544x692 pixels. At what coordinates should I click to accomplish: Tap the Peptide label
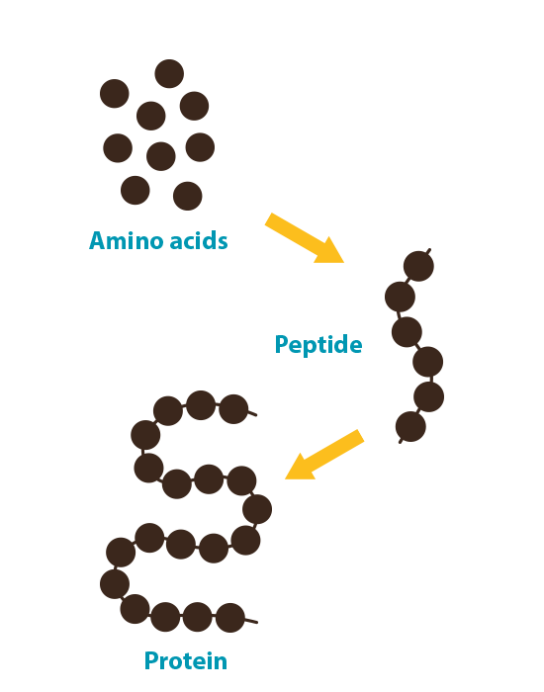click(x=318, y=345)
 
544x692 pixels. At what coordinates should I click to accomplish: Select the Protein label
click(x=186, y=660)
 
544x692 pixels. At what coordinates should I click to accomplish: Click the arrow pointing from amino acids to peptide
click(x=305, y=238)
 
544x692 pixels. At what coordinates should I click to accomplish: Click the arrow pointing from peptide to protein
click(x=324, y=455)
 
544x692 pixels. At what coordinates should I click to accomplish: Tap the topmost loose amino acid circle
click(x=169, y=74)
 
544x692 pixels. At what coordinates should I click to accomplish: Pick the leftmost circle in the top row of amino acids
click(x=115, y=94)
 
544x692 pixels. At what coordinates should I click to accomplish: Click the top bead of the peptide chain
click(x=418, y=266)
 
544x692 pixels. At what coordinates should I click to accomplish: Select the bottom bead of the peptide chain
click(x=410, y=427)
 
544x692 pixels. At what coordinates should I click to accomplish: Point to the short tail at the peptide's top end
click(x=428, y=251)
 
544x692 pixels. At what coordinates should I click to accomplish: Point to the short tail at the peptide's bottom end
click(x=401, y=441)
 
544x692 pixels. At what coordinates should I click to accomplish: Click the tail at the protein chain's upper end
click(x=252, y=413)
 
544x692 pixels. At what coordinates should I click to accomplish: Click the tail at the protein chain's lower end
click(x=251, y=621)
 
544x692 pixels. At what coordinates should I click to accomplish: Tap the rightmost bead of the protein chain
click(x=257, y=509)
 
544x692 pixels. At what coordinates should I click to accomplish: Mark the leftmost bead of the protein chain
click(x=115, y=584)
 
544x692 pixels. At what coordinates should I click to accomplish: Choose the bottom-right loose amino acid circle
click(x=188, y=196)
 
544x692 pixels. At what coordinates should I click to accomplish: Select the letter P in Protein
click(x=151, y=660)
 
